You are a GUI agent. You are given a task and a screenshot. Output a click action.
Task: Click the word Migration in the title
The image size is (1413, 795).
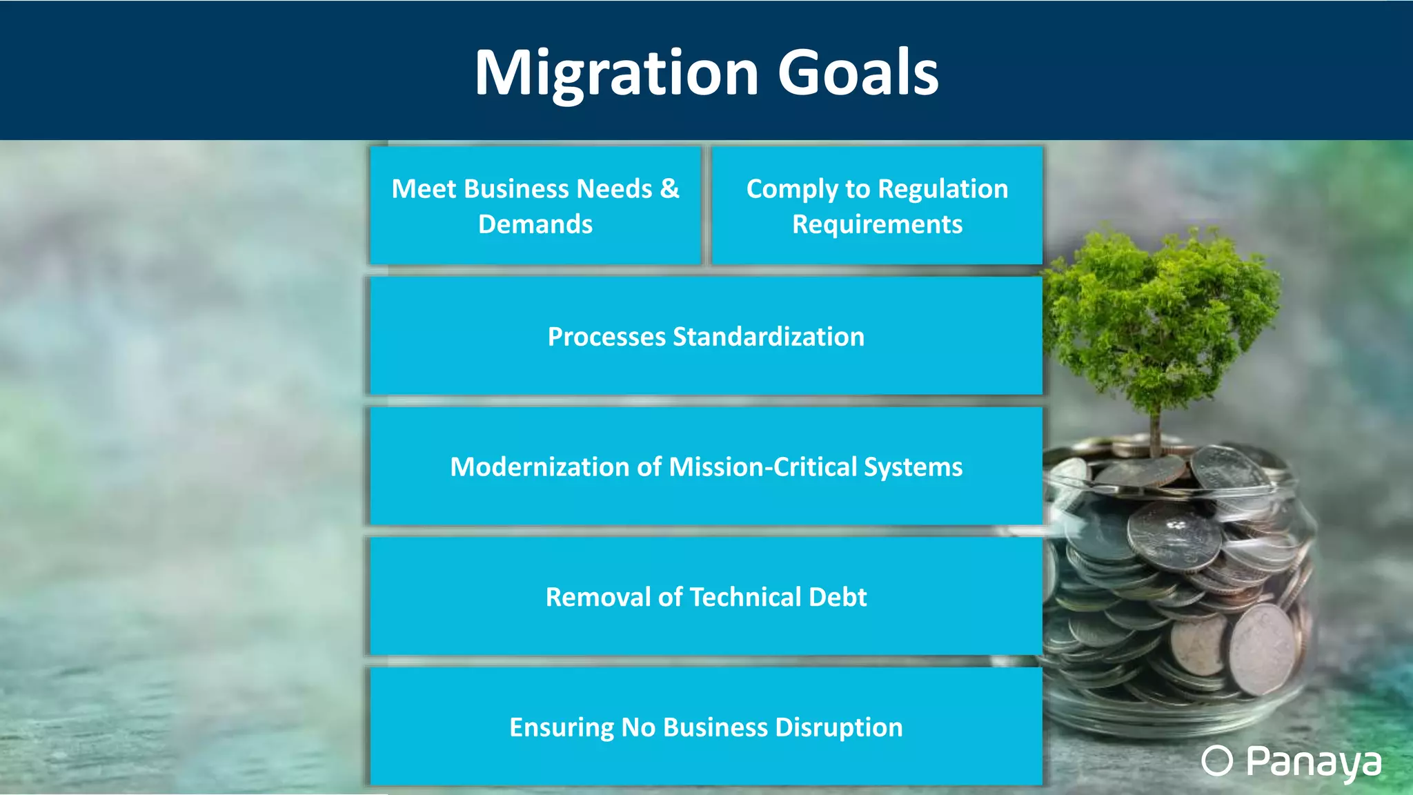coord(616,74)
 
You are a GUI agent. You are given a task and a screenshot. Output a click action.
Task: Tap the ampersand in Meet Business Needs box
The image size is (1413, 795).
coord(669,188)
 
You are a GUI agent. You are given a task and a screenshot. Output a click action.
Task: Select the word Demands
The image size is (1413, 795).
coord(535,224)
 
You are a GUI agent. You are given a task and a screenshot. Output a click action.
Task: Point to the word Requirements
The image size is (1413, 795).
coord(877,224)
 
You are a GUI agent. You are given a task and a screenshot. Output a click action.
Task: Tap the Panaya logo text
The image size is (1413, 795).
coord(1313,763)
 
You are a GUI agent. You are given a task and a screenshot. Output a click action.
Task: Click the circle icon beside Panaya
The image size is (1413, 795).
coord(1216,761)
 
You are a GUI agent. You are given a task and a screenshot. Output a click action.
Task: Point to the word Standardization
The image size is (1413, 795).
coord(768,337)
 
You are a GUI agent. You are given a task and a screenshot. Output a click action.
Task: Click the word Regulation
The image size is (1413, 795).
coord(942,189)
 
